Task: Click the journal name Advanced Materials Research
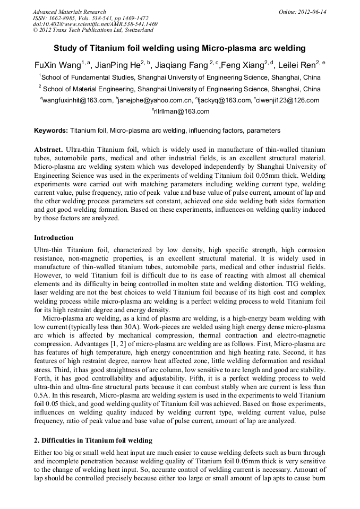pyautogui.click(x=69, y=12)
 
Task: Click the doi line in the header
pyautogui.click(x=95, y=24)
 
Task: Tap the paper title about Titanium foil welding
pyautogui.click(x=179, y=48)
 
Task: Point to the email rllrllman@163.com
pyautogui.click(x=181, y=111)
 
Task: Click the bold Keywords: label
pyautogui.click(x=51, y=130)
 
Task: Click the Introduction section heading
pyautogui.click(x=54, y=237)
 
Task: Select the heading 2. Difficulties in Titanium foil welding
pyautogui.click(x=93, y=441)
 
